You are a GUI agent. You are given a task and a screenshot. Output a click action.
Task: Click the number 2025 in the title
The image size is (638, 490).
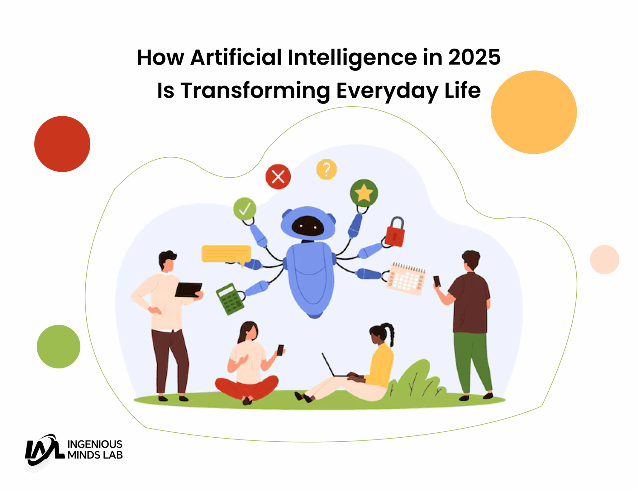(474, 58)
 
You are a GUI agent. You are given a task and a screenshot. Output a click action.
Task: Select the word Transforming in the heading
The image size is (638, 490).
(255, 91)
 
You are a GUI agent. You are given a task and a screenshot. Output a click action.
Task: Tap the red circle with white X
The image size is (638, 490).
(278, 177)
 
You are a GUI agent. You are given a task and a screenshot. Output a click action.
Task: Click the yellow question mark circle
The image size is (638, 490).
(326, 170)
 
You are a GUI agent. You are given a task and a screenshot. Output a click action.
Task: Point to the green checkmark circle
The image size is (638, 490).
(245, 209)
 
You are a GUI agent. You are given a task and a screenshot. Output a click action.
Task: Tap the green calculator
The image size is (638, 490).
(230, 299)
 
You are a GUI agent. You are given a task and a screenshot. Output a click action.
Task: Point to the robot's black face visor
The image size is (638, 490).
(308, 226)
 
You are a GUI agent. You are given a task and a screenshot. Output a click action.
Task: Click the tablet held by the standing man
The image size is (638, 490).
(188, 290)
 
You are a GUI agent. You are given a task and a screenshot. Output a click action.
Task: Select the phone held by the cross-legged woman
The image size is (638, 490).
(280, 350)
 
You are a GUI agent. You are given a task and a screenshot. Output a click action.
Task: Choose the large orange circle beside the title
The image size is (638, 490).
(534, 112)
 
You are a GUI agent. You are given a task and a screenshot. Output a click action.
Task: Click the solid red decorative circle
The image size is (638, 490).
(62, 144)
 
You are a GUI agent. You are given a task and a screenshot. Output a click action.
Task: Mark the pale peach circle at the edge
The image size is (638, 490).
(604, 260)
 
